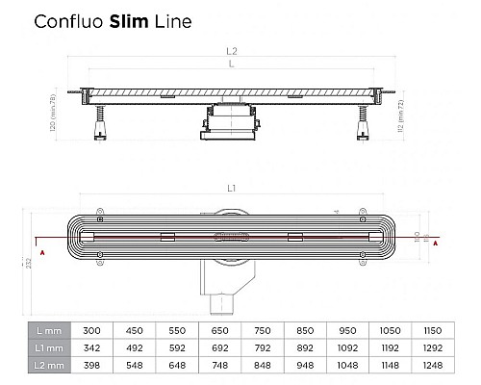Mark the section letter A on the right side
click(438, 244)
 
